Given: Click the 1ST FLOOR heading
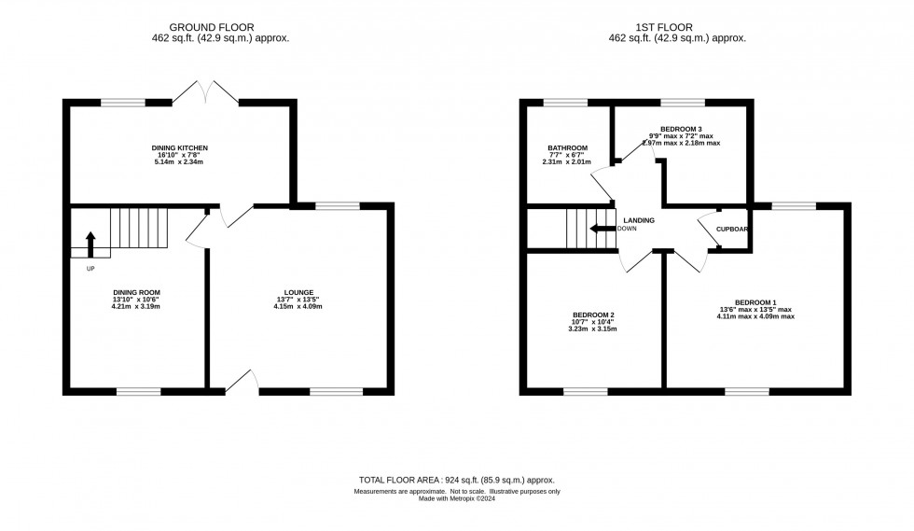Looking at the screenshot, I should [x=683, y=28].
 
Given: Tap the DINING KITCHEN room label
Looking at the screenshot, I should [x=179, y=148].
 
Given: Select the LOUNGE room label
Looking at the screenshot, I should [x=299, y=292].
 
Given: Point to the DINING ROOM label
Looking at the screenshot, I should [x=131, y=292].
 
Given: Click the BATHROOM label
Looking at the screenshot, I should [x=567, y=148].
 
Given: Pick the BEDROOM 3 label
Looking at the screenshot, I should [x=681, y=128].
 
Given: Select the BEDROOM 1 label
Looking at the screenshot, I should [x=755, y=302].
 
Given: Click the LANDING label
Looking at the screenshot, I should [x=640, y=220].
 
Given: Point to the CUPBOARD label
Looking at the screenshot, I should [x=733, y=229].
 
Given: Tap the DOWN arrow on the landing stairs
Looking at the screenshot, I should [x=602, y=229].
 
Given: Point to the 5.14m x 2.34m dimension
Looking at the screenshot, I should [x=179, y=162].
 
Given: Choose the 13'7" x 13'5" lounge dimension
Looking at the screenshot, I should [x=299, y=300].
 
